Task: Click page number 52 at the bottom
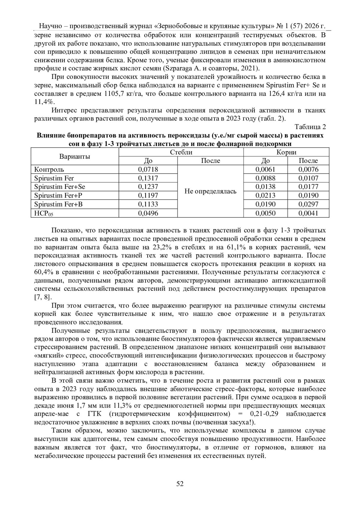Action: click(180, 484)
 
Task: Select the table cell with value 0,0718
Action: click(148, 169)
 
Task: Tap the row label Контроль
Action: click(49, 169)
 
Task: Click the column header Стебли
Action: click(181, 152)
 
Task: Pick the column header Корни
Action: click(286, 152)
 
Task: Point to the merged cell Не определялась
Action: click(210, 191)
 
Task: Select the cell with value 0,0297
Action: click(308, 204)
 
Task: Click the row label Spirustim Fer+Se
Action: click(59, 187)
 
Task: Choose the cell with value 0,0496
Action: click(148, 213)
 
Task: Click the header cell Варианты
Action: click(75, 156)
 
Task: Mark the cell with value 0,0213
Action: click(265, 196)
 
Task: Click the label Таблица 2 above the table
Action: click(310, 127)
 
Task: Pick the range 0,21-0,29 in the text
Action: click(265, 414)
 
